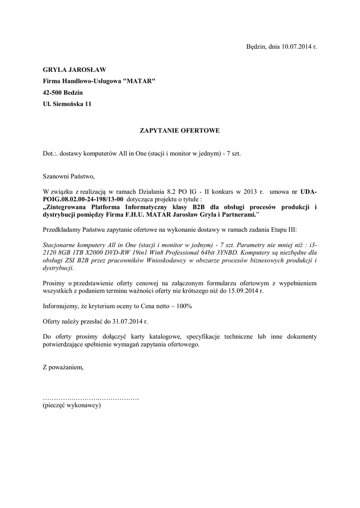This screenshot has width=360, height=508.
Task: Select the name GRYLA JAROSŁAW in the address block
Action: [74, 69]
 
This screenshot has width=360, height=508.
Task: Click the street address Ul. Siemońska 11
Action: [67, 104]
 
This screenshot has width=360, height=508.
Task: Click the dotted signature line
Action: [91, 398]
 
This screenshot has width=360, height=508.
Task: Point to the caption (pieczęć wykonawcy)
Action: [72, 406]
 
